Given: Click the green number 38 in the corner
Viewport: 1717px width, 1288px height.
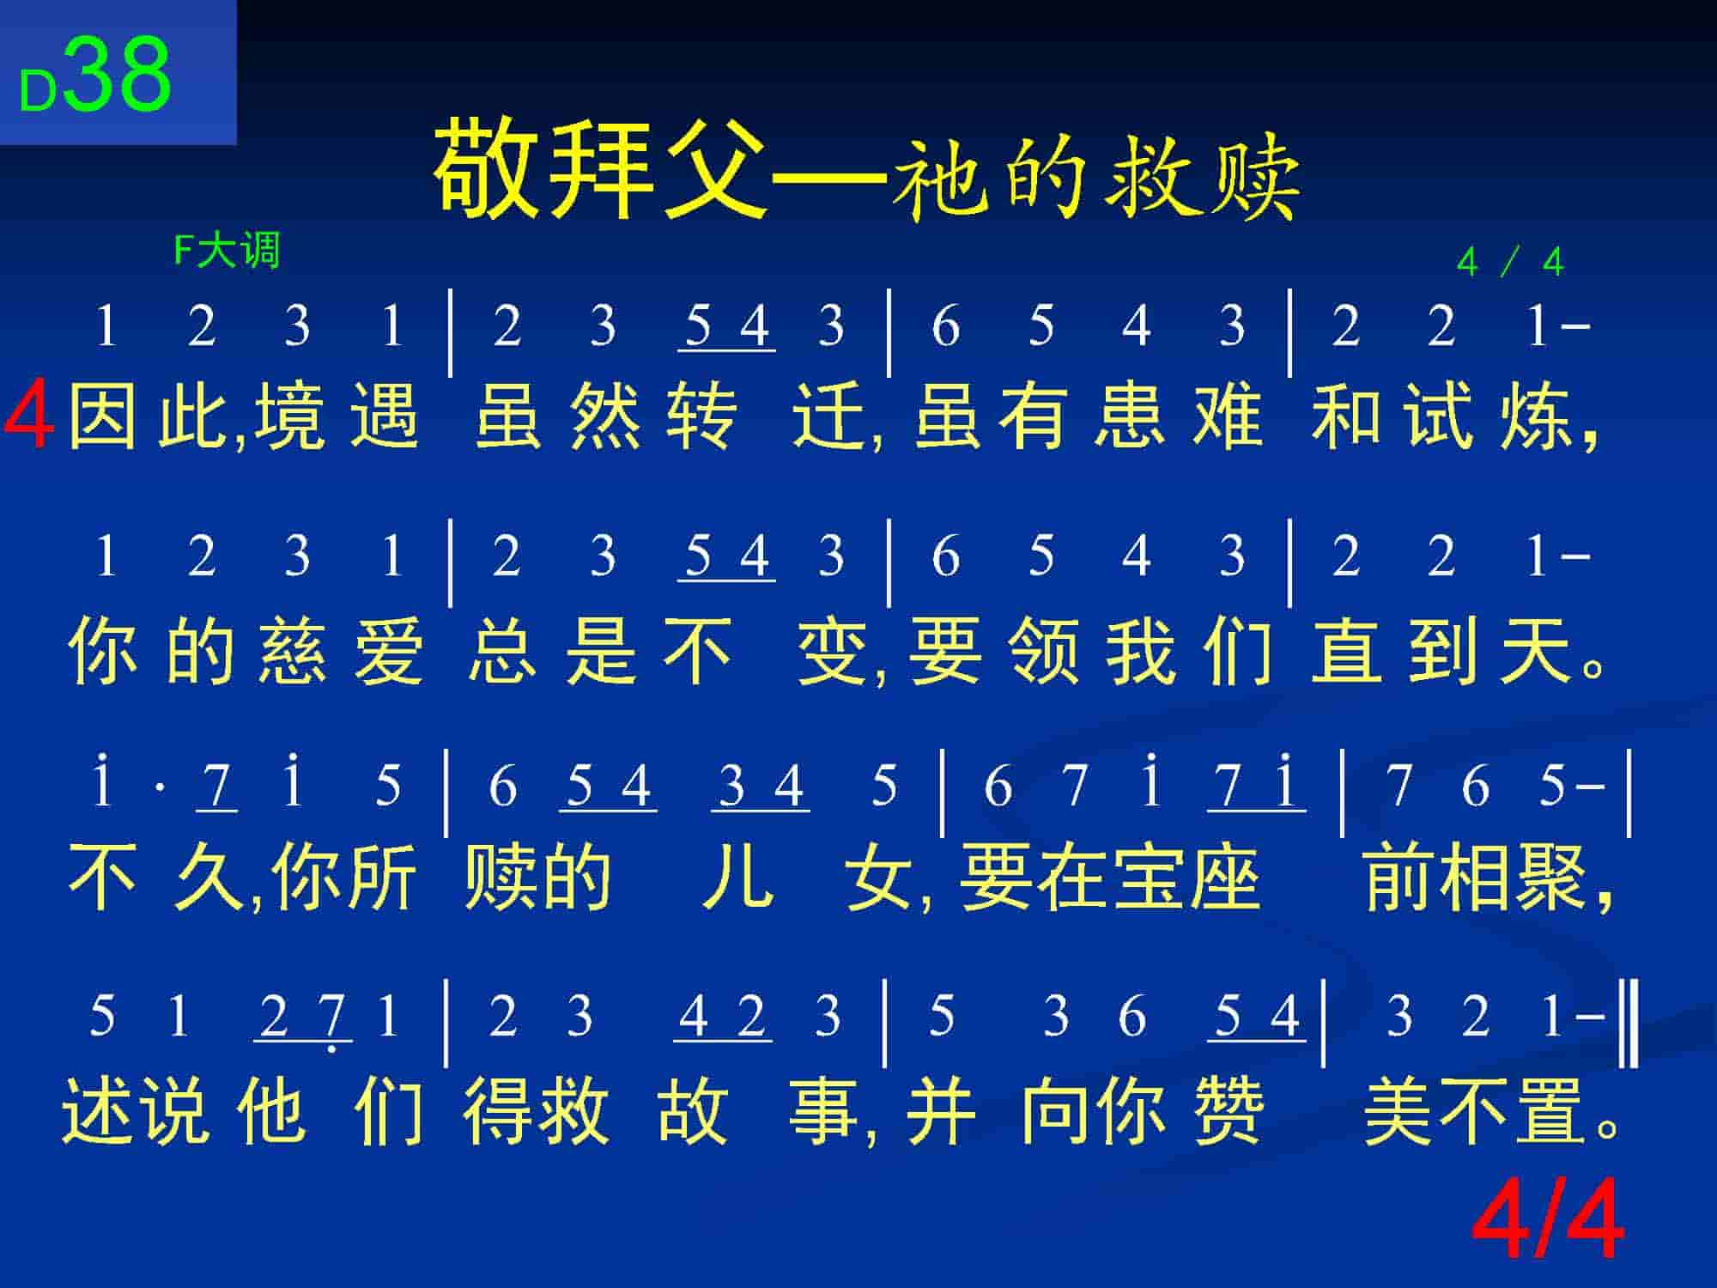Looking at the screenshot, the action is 118,73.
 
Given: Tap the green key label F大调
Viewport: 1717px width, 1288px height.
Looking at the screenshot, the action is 227,252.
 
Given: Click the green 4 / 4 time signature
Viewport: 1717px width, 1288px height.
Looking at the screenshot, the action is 1510,263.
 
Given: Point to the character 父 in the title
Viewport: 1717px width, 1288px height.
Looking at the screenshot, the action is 713,168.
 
